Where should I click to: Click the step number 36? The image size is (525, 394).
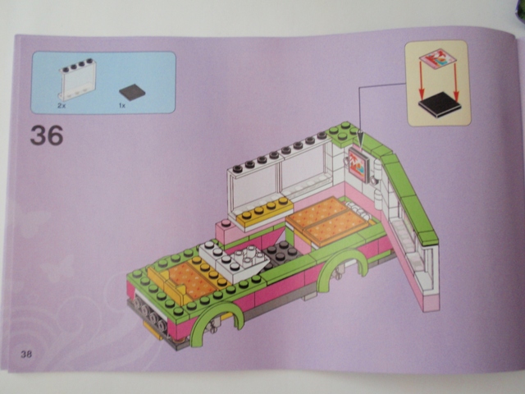coord(47,135)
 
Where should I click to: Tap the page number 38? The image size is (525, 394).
coord(26,354)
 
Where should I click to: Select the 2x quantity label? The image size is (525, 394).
coord(62,106)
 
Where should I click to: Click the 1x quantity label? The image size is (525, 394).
coord(122,106)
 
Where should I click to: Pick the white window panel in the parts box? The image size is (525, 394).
coord(78,80)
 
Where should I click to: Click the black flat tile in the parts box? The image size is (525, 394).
coord(132,92)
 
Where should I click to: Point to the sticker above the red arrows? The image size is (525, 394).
coord(437,58)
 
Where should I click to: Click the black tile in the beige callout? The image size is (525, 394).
coord(440,105)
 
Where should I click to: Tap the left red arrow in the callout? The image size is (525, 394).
coord(422,80)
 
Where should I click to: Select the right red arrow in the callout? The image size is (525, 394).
coord(456,82)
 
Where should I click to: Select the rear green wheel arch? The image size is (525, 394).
coord(341,266)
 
